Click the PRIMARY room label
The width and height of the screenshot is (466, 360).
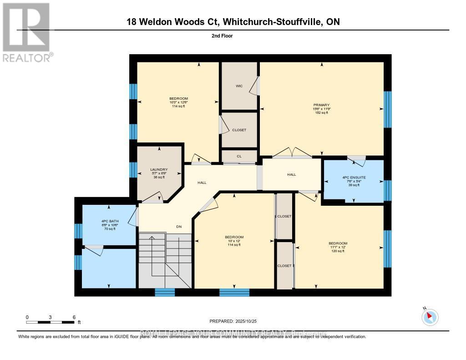pyautogui.click(x=321, y=105)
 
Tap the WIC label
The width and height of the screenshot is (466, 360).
pyautogui.click(x=239, y=86)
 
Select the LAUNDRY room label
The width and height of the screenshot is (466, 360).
pyautogui.click(x=159, y=170)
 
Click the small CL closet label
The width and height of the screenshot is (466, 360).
pyautogui.click(x=239, y=157)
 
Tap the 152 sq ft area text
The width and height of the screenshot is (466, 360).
pyautogui.click(x=321, y=113)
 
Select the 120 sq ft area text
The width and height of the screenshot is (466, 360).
pyautogui.click(x=338, y=251)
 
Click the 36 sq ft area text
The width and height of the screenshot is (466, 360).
pyautogui.click(x=159, y=177)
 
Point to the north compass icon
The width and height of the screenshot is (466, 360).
pyautogui.click(x=430, y=317)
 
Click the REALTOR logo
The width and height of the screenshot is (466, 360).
pyautogui.click(x=27, y=32)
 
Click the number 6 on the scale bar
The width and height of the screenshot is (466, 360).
pyautogui.click(x=74, y=317)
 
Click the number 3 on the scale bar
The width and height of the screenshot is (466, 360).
pyautogui.click(x=51, y=317)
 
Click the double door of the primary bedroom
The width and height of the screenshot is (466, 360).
pyautogui.click(x=292, y=152)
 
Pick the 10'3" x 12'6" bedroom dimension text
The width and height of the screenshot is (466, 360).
pyautogui.click(x=178, y=102)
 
